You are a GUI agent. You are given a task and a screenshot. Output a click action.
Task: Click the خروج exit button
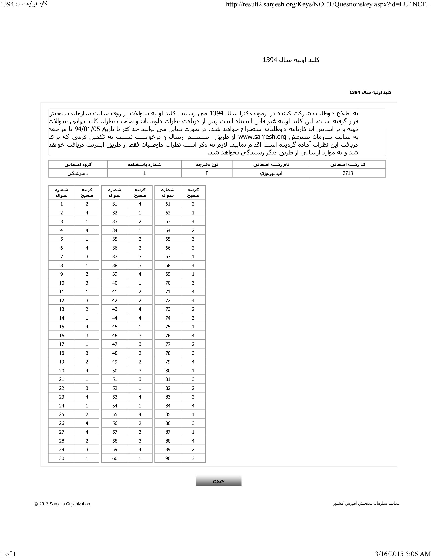[x=219, y=480]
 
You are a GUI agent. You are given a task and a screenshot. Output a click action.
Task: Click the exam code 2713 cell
[x=348, y=173]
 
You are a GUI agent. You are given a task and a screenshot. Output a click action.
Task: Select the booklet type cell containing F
[x=207, y=173]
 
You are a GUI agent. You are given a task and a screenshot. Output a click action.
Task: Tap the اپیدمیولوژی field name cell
[x=271, y=173]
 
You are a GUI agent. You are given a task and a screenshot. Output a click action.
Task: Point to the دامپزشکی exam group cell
[x=78, y=173]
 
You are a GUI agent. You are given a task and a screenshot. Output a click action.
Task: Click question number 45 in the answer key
[x=115, y=326]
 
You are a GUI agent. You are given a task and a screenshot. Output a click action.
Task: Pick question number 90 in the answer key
[x=168, y=458]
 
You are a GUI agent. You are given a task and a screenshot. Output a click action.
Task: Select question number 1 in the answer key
[x=62, y=204]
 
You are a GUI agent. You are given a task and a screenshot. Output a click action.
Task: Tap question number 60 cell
[x=115, y=458]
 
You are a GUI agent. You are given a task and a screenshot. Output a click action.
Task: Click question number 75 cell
[x=168, y=326]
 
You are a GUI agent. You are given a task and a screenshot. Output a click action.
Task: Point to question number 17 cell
[x=62, y=344]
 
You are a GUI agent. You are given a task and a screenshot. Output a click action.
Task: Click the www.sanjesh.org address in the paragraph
[x=262, y=137]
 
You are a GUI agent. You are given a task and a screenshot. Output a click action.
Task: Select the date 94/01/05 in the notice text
[x=87, y=129]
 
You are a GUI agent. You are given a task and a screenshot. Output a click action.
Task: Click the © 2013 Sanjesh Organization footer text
[x=62, y=504]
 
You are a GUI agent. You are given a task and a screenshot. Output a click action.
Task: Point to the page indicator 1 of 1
[x=8, y=554]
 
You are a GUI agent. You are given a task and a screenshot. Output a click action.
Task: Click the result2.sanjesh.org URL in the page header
[x=328, y=4]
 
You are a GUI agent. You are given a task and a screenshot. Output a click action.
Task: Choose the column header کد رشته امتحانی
[x=348, y=165]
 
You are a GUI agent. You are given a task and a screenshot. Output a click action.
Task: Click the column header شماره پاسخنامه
[x=144, y=165]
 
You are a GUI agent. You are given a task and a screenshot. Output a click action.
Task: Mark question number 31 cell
[x=115, y=204]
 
